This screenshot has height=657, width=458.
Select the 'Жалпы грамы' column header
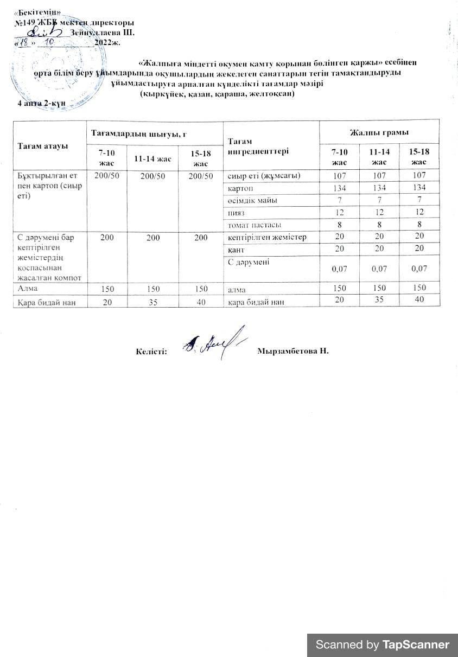(x=379, y=132)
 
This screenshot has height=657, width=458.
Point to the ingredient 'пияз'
(x=236, y=212)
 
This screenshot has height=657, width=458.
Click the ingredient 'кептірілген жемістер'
(x=267, y=237)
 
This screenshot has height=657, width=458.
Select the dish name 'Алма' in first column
(x=28, y=288)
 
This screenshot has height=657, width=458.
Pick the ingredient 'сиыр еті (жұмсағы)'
(x=264, y=175)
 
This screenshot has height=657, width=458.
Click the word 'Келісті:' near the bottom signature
(x=151, y=352)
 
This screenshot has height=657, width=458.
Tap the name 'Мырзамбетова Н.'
(x=294, y=351)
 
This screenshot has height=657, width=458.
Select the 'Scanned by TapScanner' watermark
(x=382, y=645)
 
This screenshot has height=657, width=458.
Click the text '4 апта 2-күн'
(x=42, y=103)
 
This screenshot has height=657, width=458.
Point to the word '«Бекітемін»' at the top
(x=37, y=12)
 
